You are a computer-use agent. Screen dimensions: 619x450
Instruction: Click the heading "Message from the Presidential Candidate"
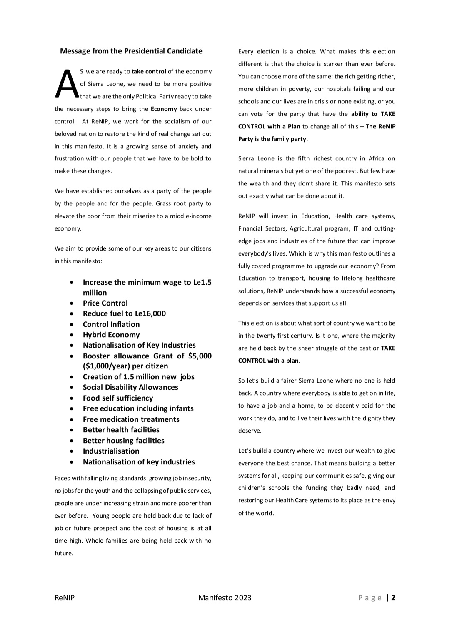[131, 51]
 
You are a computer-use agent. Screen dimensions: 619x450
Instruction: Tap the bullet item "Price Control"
[105, 303]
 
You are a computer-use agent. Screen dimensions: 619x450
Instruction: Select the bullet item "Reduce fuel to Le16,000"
[124, 313]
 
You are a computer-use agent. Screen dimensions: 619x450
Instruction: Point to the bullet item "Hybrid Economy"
[111, 335]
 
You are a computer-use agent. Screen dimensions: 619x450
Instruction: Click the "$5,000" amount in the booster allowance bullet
[200, 356]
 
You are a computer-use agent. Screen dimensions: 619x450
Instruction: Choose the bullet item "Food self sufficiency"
[118, 398]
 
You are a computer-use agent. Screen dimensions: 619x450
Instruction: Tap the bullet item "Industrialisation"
[111, 451]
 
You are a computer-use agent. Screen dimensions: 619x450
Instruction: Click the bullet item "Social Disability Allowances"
[130, 387]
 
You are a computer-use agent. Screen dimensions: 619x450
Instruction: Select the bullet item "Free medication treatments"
[131, 419]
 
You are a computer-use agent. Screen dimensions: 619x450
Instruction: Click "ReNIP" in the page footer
[65, 598]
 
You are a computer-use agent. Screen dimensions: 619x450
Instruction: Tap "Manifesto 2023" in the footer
[225, 598]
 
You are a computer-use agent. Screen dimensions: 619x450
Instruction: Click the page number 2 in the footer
[393, 598]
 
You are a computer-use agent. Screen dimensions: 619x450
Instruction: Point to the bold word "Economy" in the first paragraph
[164, 109]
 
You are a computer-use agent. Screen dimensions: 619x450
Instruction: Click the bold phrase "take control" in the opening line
[149, 72]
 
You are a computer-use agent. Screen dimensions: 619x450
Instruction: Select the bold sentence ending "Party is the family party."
[273, 139]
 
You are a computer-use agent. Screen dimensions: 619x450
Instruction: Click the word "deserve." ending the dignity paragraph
[250, 431]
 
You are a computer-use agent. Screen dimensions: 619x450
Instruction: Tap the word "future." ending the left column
[64, 554]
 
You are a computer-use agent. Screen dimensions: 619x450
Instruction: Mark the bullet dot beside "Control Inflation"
[73, 324]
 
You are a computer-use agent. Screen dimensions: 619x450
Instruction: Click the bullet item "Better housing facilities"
[123, 441]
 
